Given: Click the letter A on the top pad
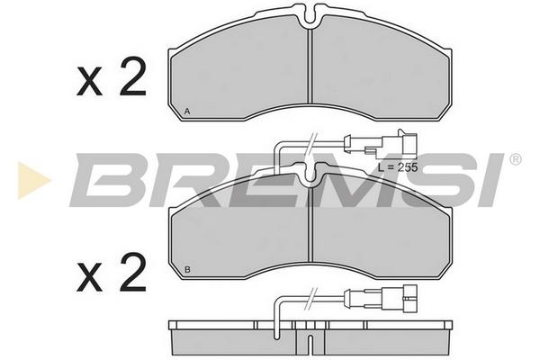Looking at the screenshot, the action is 187,112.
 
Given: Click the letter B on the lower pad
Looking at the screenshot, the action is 187,270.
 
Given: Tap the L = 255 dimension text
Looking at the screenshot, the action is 398,167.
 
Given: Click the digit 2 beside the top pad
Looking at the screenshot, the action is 132,76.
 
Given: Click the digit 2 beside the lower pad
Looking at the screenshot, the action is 132,272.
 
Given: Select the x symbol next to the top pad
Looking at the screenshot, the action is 89,81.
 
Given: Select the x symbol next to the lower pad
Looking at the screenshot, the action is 89,277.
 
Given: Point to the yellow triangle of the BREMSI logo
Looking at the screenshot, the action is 33,180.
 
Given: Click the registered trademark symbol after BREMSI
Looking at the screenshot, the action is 515,159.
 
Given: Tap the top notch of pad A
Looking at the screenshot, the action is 311,15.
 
